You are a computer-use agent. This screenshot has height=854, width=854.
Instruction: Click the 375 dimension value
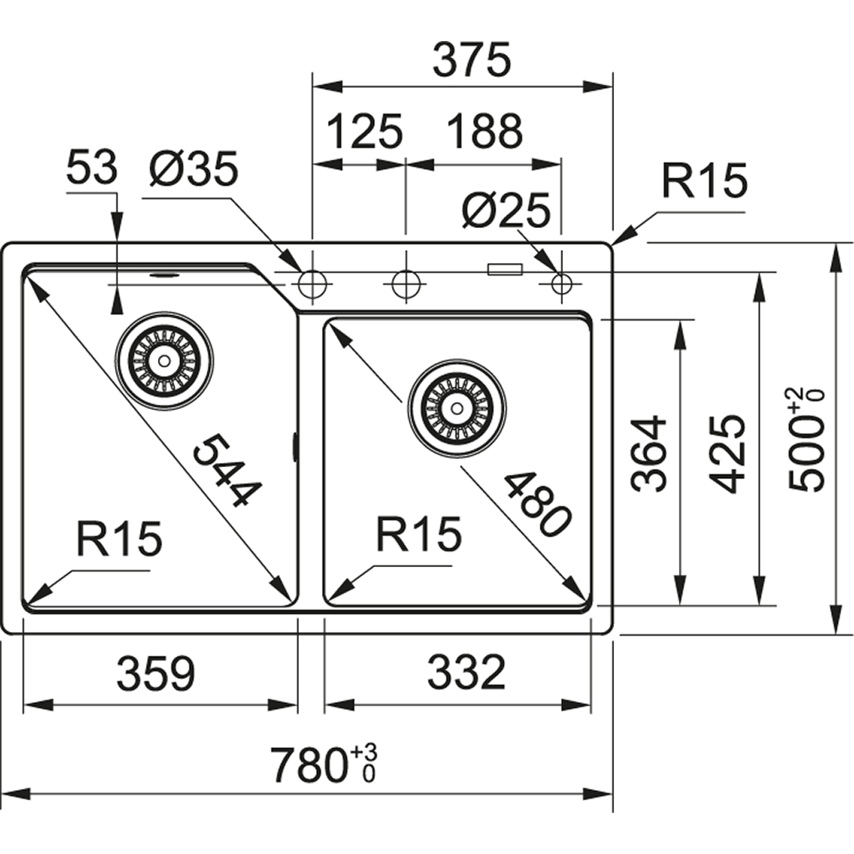pyautogui.click(x=471, y=61)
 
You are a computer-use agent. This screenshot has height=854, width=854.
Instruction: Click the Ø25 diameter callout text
pyautogui.click(x=505, y=210)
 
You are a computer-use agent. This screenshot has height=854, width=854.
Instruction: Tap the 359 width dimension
pyautogui.click(x=155, y=674)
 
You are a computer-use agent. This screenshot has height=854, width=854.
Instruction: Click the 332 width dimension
pyautogui.click(x=465, y=674)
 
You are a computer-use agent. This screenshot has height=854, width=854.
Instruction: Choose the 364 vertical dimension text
pyautogui.click(x=650, y=453)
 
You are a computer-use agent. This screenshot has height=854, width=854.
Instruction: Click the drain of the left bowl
pyautogui.click(x=164, y=360)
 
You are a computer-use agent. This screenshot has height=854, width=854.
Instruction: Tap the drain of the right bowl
pyautogui.click(x=457, y=407)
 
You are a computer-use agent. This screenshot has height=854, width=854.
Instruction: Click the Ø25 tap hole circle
pyautogui.click(x=562, y=284)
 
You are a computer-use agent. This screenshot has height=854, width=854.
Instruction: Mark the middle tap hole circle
pyautogui.click(x=404, y=283)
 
